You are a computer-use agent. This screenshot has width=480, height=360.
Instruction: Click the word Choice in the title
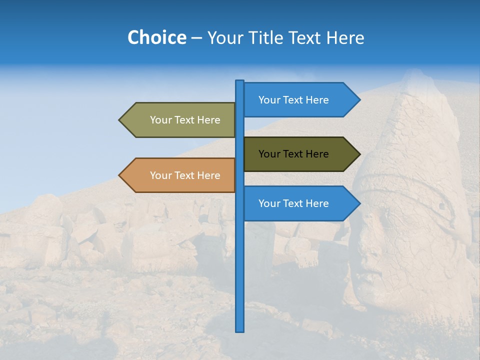(x=156, y=37)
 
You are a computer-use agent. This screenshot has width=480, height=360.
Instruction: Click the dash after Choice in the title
(x=196, y=38)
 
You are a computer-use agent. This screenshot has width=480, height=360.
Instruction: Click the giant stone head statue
(x=410, y=210)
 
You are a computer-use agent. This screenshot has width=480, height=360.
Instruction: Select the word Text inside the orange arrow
(x=184, y=175)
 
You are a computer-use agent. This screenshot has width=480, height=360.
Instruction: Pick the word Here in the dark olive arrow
(x=317, y=154)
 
